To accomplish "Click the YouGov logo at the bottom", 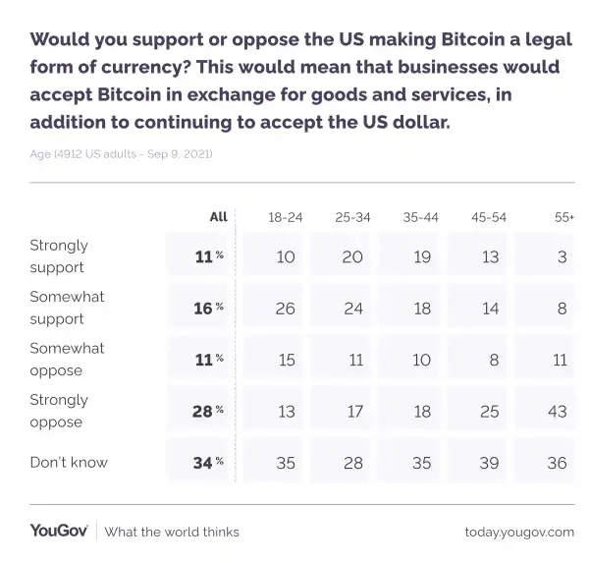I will pos(59,531).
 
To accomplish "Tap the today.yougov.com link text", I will pos(519,532).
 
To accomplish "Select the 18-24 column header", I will pos(285,217).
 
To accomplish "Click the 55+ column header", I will pos(563,217).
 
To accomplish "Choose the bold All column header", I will pos(218,217).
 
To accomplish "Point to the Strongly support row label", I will pos(59,255).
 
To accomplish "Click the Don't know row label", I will pos(69,462).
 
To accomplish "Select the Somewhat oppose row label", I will pos(67,359).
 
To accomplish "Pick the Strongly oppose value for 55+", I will pos(557,411).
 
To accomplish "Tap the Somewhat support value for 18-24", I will pos(286,308).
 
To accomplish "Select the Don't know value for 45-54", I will pos(489,463).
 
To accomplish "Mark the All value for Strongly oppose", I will pos(203,411).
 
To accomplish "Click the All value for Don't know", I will pos(203,463).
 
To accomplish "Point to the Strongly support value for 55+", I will pos(560,256).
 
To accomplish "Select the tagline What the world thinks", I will pos(172,532).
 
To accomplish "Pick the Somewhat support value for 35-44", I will pos(421,308).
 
